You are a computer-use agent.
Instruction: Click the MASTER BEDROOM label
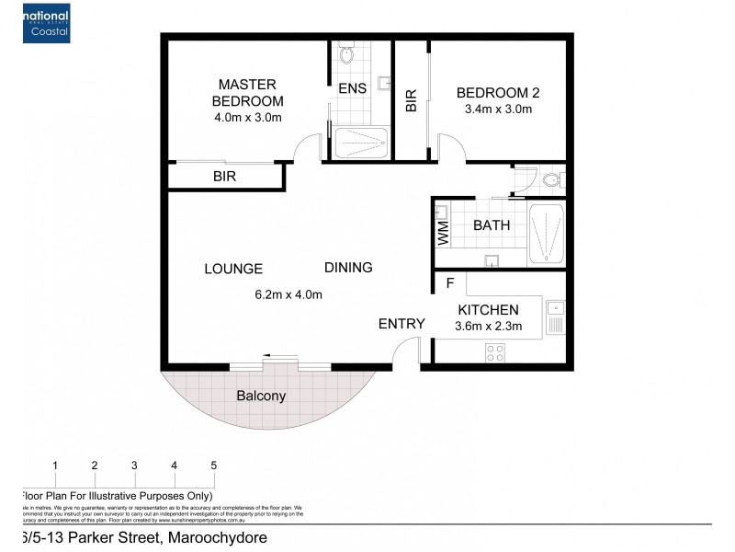coord(247,93)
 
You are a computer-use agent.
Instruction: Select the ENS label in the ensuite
coord(351,89)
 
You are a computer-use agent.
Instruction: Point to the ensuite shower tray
coord(359,144)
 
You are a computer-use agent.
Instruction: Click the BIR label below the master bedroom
coord(225,176)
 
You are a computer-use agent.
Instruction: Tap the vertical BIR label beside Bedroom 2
coord(411,100)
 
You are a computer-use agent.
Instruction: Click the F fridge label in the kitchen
coord(450,283)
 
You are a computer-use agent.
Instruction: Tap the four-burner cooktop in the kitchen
coord(496,350)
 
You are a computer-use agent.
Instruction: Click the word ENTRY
coord(401,324)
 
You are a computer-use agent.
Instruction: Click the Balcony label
coord(261,397)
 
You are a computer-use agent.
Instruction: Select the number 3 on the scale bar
coord(134,466)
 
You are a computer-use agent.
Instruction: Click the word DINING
coord(348,268)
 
